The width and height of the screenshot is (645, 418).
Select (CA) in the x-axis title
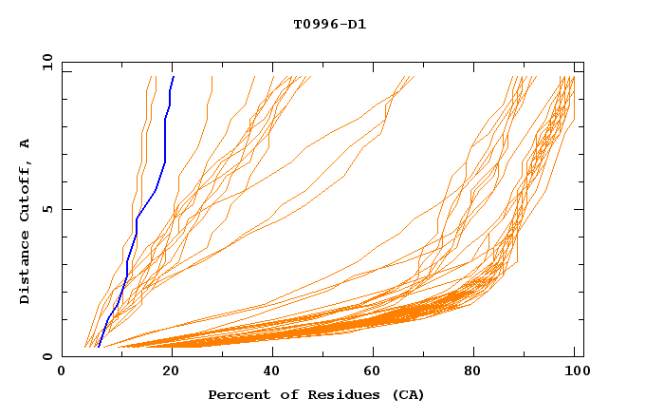tap(408, 394)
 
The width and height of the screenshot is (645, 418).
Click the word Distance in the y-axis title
tap(25, 270)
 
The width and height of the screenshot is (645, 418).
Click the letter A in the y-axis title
tap(25, 143)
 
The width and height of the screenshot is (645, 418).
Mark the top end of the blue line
tap(174, 76)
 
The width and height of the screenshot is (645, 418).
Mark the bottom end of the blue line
tap(97, 348)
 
